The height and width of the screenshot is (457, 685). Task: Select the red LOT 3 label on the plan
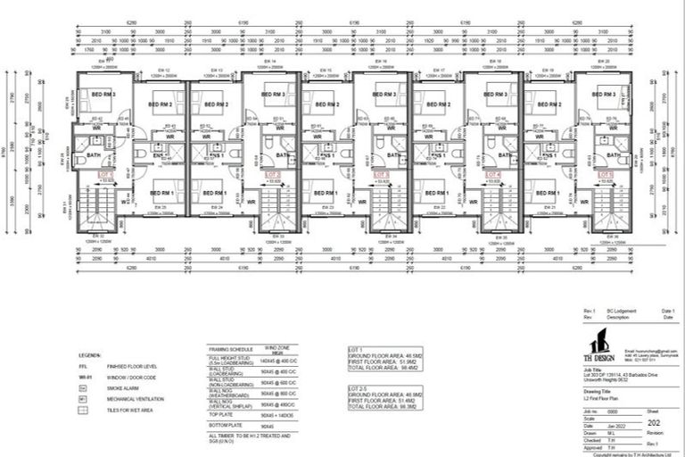[x=383, y=174]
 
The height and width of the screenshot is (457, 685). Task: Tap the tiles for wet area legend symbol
[x=82, y=410]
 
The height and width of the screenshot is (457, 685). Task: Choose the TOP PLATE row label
[x=219, y=415]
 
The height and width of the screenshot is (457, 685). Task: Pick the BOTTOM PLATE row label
[x=224, y=428]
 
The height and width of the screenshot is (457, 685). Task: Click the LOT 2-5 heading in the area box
[x=359, y=390]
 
